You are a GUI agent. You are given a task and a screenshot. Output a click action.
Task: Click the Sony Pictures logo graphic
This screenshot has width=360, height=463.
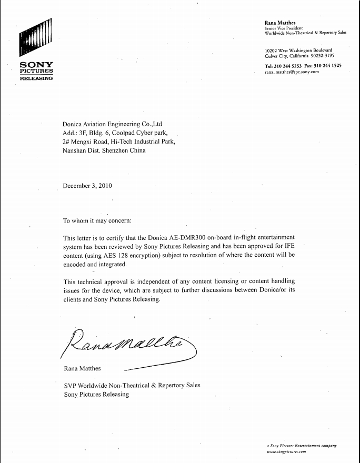[36, 38]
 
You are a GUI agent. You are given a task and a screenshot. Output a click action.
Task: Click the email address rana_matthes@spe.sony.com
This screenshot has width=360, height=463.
[292, 72]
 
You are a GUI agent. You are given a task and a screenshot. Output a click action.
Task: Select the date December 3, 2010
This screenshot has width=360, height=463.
[87, 186]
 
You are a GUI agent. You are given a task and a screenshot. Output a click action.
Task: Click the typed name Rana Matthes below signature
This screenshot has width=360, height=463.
[82, 368]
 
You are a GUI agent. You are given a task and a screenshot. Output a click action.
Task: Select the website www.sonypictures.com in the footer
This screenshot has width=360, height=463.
[286, 452]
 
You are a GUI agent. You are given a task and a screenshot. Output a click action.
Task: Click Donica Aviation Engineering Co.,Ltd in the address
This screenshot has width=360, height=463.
[112, 125]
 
